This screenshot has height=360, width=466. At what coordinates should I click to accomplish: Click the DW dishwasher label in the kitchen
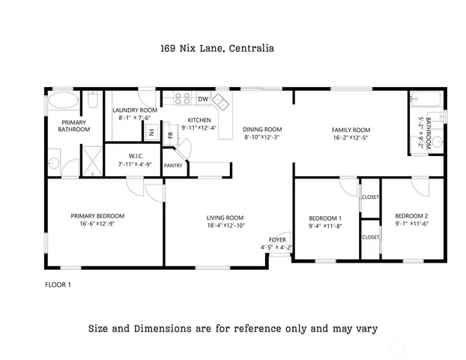pyautogui.click(x=203, y=100)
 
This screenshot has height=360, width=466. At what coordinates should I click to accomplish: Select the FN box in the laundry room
pyautogui.click(x=151, y=133)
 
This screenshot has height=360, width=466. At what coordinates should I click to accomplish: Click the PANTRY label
pyautogui.click(x=173, y=166)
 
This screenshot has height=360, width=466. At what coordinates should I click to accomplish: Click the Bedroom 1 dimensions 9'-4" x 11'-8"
pyautogui.click(x=325, y=225)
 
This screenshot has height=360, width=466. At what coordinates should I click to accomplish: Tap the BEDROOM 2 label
pyautogui.click(x=411, y=216)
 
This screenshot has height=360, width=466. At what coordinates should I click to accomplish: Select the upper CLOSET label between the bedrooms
pyautogui.click(x=370, y=197)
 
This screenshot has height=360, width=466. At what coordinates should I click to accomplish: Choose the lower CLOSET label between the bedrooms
pyautogui.click(x=370, y=237)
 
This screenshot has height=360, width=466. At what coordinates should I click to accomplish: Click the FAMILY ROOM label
pyautogui.click(x=351, y=129)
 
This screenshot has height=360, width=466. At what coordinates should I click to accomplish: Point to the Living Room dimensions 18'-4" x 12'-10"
pyautogui.click(x=226, y=225)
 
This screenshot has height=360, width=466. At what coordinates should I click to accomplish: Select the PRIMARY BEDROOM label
pyautogui.click(x=97, y=215)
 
